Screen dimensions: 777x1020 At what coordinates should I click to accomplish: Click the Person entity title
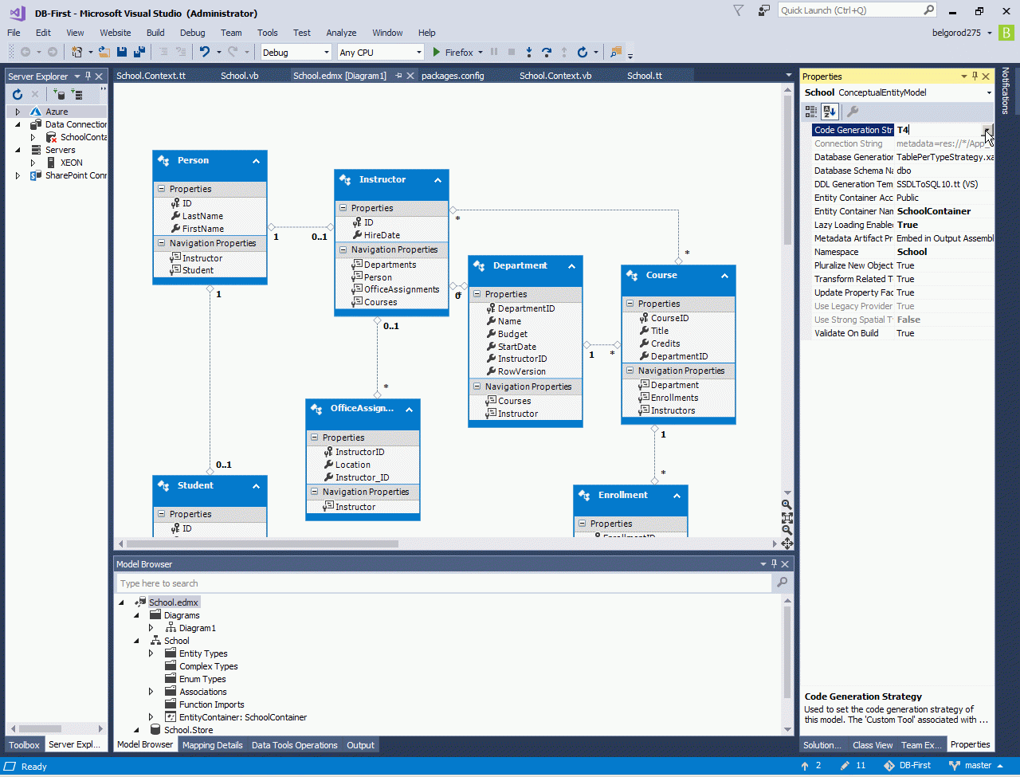193,160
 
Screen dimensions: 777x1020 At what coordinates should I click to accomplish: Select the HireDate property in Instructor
382,235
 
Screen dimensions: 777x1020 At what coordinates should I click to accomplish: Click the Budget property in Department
512,334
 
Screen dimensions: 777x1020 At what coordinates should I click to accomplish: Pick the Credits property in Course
665,343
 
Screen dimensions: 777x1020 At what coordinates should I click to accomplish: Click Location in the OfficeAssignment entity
352,465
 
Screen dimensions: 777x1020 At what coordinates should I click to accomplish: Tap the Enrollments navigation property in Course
674,398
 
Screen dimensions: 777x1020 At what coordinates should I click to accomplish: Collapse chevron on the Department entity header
571,266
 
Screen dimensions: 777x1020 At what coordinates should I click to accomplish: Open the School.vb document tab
239,76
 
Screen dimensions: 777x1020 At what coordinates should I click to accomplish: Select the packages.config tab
452,76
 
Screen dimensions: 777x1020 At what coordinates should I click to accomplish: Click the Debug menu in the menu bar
192,33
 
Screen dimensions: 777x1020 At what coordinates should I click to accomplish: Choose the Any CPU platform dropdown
380,53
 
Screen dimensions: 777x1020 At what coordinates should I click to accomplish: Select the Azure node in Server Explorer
57,112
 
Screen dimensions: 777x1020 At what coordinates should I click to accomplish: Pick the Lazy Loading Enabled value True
908,225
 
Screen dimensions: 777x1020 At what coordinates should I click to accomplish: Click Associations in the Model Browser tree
202,692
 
